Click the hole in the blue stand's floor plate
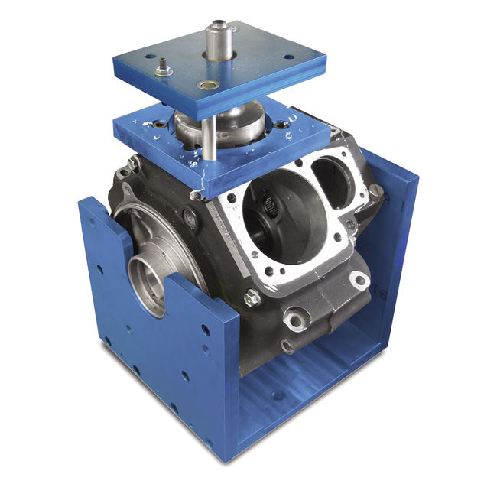coord(278,395)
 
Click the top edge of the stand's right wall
coord(390,164)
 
